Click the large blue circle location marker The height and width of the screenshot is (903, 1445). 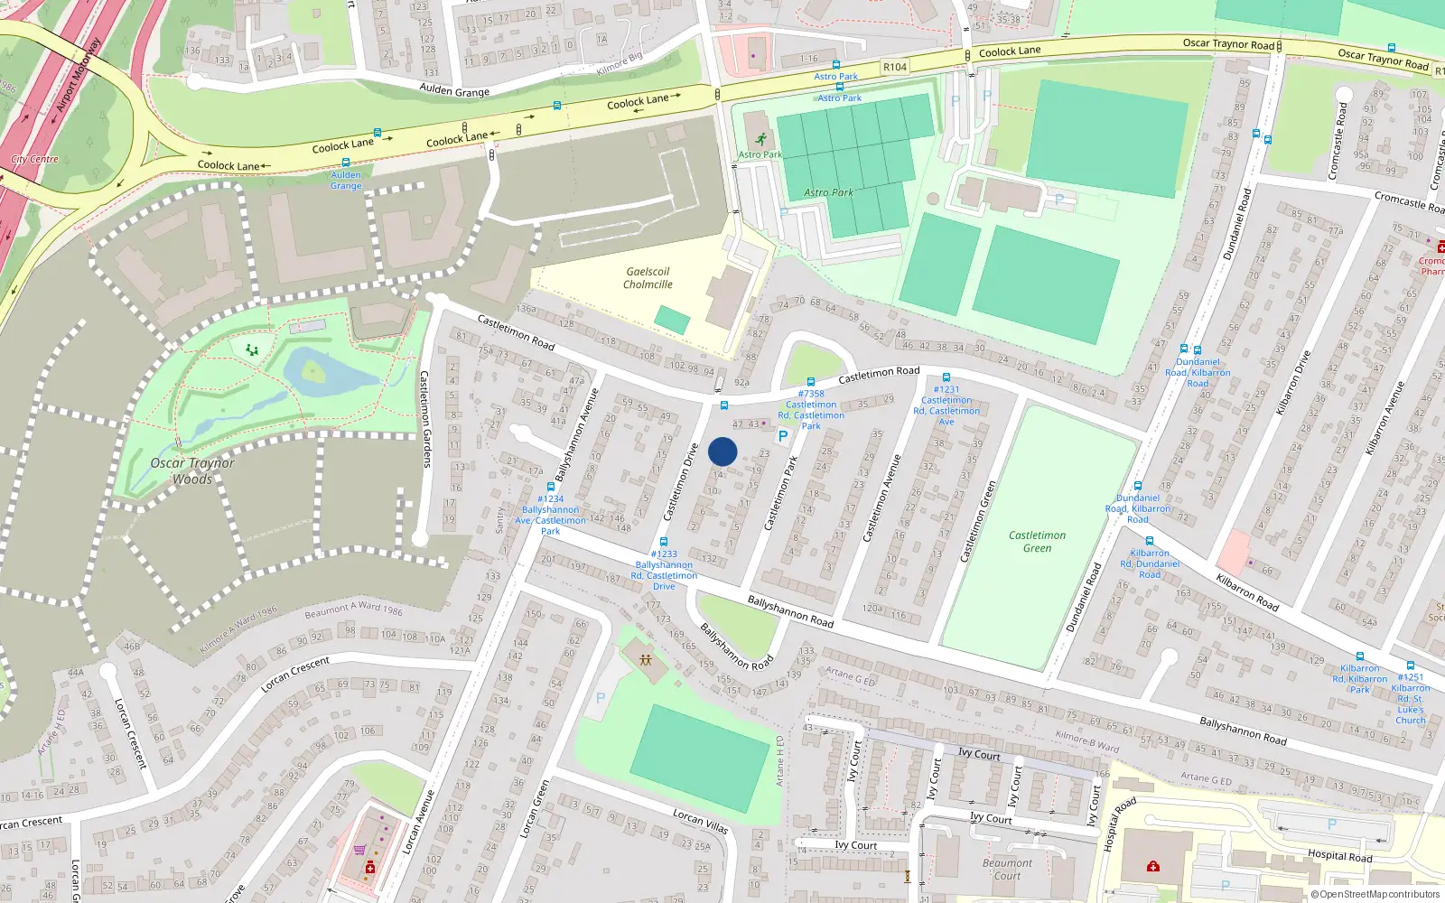click(x=722, y=451)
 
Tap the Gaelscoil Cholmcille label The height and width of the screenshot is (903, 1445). click(x=648, y=278)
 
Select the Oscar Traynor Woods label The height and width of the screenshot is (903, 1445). click(x=192, y=470)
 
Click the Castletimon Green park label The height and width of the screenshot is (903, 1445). click(x=1037, y=542)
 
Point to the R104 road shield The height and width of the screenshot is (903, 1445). click(x=895, y=67)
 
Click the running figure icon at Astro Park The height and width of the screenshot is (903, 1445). click(x=760, y=139)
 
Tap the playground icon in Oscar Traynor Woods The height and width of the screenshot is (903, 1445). click(x=252, y=349)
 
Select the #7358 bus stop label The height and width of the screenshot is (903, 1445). click(x=811, y=394)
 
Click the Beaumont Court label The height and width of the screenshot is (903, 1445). click(x=1007, y=869)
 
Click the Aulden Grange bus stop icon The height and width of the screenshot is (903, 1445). click(x=345, y=163)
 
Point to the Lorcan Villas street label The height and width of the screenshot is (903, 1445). click(x=700, y=821)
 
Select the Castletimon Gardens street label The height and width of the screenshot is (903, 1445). click(x=425, y=418)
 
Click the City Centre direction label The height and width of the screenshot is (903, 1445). click(x=34, y=159)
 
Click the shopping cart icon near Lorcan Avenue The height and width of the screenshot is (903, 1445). click(x=359, y=850)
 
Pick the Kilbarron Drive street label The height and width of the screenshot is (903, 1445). click(x=1292, y=384)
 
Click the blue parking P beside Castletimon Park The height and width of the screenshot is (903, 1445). click(x=783, y=436)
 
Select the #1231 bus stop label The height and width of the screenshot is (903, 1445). click(x=946, y=389)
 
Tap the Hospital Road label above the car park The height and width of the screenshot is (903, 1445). click(x=1339, y=855)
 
